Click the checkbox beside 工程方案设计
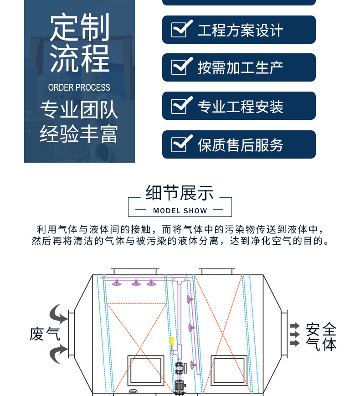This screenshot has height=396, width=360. pos(182,29)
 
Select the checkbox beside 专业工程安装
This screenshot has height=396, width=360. pos(182,105)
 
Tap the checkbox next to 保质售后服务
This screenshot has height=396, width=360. pos(182,144)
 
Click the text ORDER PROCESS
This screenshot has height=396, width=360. pos(79,87)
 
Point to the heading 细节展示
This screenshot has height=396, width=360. pos(180,193)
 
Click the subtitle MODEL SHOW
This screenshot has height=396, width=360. pos(180,211)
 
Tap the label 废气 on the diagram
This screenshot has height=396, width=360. pos(45,334)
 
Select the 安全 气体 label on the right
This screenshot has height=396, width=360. pos(321,337)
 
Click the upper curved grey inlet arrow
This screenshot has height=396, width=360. pos(59,314)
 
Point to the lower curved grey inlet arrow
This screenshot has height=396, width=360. pos(59,355)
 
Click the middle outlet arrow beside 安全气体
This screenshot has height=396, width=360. pos(294,334)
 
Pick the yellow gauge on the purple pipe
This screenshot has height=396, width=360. pos(172,341)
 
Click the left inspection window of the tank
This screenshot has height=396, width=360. pos(146,371)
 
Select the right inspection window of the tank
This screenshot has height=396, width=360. pos(229,371)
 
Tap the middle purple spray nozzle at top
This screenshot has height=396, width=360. pos(136,283)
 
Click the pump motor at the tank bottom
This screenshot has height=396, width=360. pos(180,386)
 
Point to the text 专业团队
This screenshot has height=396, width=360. pos(79,110)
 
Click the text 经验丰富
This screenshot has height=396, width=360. pos(79,134)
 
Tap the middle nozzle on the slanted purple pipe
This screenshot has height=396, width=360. pos(191,328)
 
